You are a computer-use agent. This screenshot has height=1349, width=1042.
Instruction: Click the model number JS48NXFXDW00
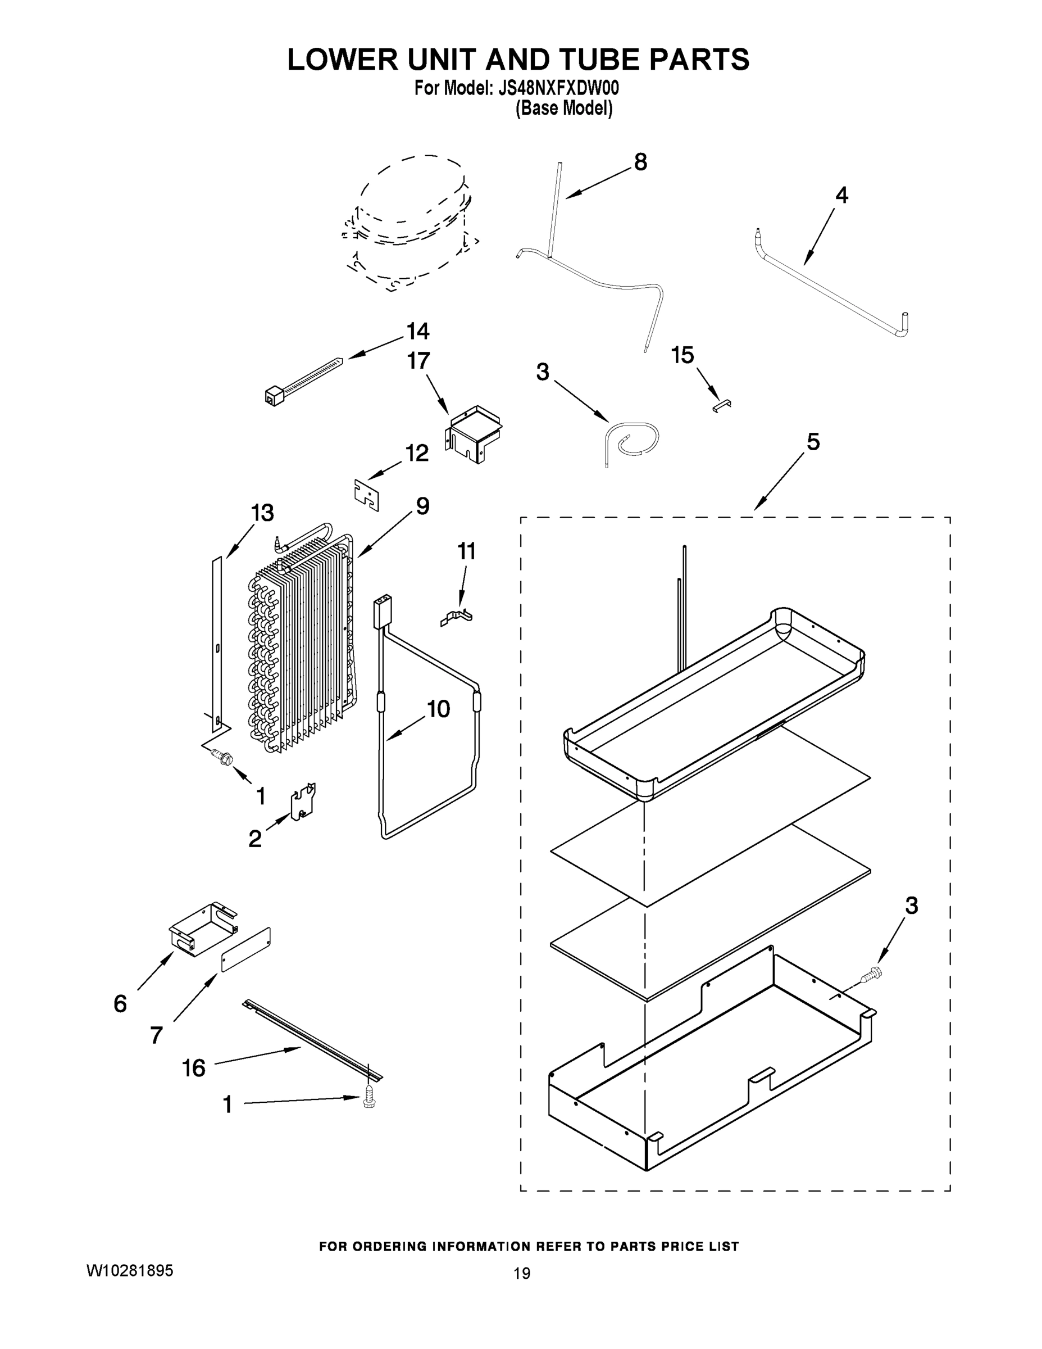(559, 88)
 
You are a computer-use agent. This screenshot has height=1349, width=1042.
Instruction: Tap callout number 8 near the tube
(640, 162)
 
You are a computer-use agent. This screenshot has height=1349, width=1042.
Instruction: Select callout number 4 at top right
(841, 196)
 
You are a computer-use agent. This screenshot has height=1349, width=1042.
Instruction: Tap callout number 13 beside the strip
(262, 513)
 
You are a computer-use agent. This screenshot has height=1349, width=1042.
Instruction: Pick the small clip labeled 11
(457, 617)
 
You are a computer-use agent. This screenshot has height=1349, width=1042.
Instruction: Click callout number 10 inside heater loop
(438, 709)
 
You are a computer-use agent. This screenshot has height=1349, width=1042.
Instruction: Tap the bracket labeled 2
(303, 802)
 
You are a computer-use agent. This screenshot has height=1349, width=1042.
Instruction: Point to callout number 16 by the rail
(194, 1067)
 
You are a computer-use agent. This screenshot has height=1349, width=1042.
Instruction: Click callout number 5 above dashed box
(813, 442)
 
